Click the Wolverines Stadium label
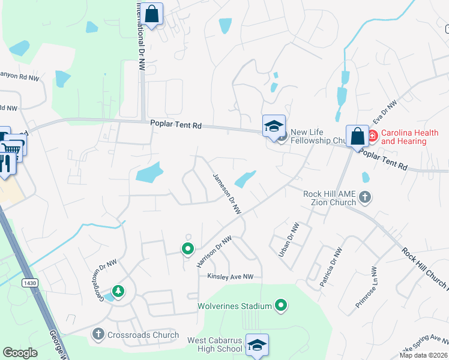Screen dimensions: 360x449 [x=235, y=307]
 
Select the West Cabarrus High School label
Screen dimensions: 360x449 [x=214, y=344]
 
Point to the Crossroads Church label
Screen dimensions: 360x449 [x=143, y=335]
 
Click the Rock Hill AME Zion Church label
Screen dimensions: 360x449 [x=330, y=199]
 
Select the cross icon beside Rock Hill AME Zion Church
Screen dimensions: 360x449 [x=365, y=196]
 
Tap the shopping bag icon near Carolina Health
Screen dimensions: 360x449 [x=357, y=136]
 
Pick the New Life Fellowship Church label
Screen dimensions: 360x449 [x=316, y=136]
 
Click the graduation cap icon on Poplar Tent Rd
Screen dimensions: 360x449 [x=274, y=126]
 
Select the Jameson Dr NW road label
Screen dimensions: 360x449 [x=227, y=194]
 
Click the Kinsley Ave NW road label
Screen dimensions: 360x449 [x=231, y=277]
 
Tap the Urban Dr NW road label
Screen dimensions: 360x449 [x=289, y=241]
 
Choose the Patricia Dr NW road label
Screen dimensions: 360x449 [x=331, y=266]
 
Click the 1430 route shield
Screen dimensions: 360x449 [x=28, y=283]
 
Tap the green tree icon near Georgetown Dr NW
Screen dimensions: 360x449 [x=119, y=291]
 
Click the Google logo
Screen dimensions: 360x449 [x=20, y=353]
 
